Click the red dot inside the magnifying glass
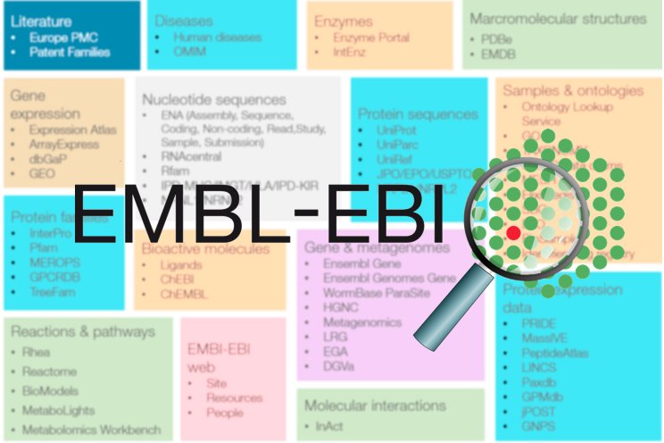[513, 232]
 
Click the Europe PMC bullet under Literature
[63, 38]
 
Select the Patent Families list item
[70, 52]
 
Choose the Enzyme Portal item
[371, 38]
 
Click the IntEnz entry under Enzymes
[353, 53]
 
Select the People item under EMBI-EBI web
[224, 413]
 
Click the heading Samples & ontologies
[572, 90]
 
